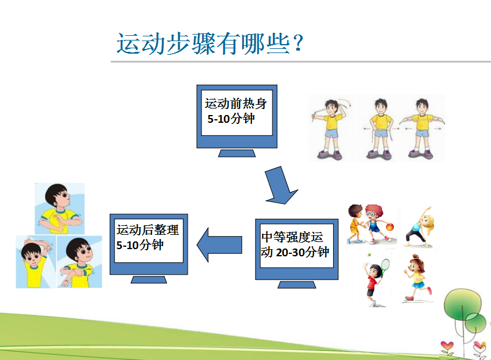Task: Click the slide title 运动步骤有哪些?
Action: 210,44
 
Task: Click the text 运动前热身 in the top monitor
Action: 236,104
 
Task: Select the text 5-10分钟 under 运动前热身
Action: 231,119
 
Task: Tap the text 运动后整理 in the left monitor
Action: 148,230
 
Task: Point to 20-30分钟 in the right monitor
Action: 303,252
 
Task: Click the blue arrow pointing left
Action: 219,245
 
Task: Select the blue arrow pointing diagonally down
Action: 280,185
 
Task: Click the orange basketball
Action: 390,226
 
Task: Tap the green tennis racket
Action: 385,265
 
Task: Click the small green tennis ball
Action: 369,255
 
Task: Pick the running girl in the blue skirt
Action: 417,278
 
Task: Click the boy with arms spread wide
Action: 422,128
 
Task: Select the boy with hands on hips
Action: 380,129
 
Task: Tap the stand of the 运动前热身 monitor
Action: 237,153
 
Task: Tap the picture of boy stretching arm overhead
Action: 36,262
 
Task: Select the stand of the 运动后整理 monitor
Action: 149,280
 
